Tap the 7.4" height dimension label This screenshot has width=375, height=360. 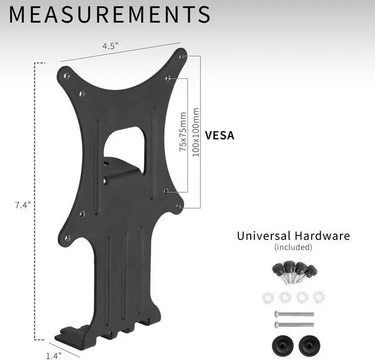(x=23, y=205)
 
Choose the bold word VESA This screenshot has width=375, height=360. (x=219, y=136)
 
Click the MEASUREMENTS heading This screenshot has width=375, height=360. (x=110, y=15)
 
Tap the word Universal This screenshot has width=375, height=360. (x=263, y=236)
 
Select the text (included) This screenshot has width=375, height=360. (x=293, y=247)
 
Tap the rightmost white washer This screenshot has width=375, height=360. (x=318, y=296)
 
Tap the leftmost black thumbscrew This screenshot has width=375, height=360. (x=278, y=271)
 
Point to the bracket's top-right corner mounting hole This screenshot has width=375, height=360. (x=183, y=56)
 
